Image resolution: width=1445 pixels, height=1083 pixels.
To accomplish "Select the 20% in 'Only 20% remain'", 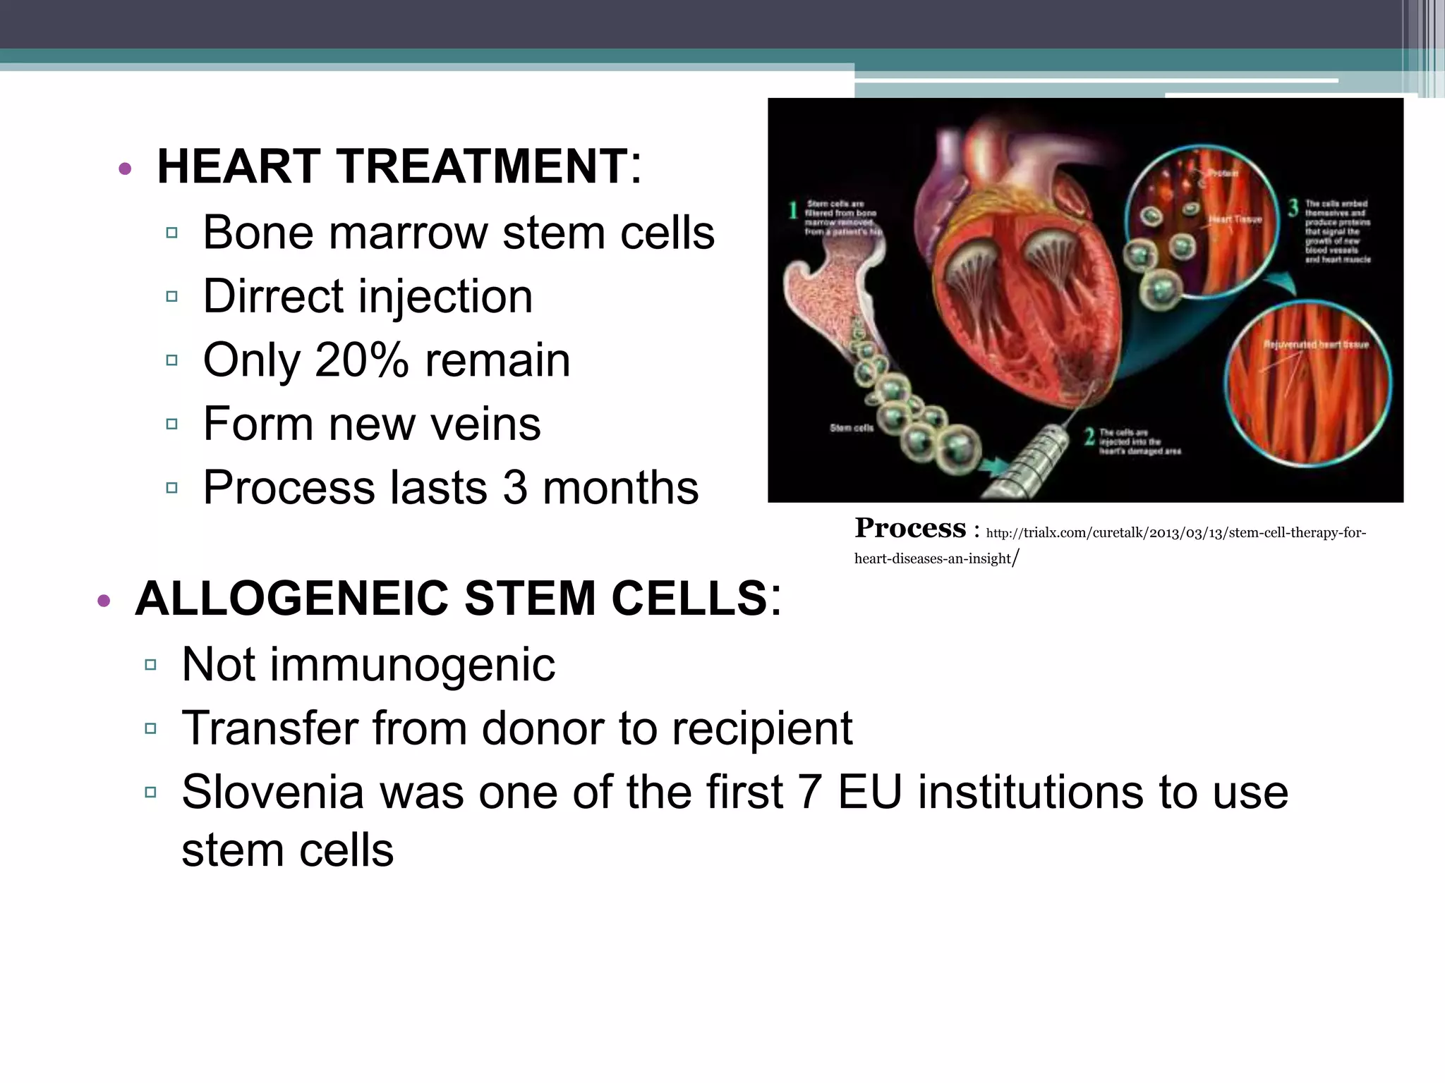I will pyautogui.click(x=361, y=360).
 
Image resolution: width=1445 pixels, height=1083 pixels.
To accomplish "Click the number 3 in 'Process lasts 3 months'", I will pyautogui.click(x=515, y=488).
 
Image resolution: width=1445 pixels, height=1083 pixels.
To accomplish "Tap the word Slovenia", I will pyautogui.click(x=272, y=792).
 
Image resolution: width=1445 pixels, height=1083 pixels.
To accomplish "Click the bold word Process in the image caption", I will pyautogui.click(x=909, y=528).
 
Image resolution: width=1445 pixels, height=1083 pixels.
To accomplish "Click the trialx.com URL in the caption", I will pyautogui.click(x=1175, y=533).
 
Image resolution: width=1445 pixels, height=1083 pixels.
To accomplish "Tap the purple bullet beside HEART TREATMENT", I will pyautogui.click(x=125, y=169).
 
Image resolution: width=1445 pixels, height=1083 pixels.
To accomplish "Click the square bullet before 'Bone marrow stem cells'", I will pyautogui.click(x=171, y=233).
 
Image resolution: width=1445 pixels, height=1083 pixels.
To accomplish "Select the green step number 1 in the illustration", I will pyautogui.click(x=793, y=210).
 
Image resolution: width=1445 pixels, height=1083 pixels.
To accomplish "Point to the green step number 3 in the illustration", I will pyautogui.click(x=1293, y=208).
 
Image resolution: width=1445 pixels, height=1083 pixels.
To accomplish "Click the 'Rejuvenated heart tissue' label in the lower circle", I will pyautogui.click(x=1315, y=345).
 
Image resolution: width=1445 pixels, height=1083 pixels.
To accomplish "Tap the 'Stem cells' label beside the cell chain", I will pyautogui.click(x=851, y=428).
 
